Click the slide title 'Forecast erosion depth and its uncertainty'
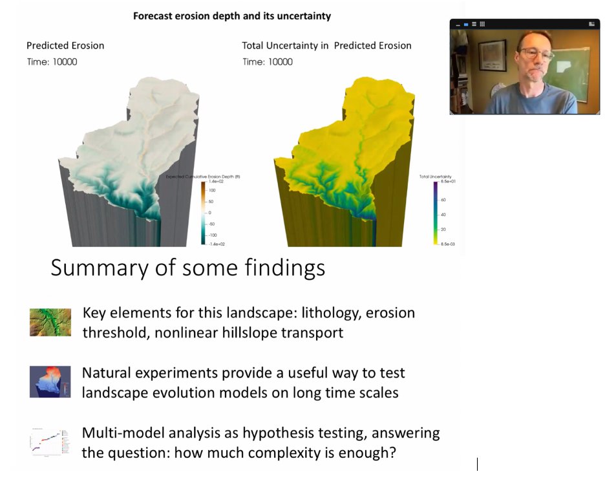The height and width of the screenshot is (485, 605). point(231,16)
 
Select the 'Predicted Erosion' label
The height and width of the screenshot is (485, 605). point(65,45)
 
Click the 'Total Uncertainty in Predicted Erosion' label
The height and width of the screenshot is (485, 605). point(326,45)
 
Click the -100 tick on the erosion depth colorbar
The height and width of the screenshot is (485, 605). point(212,234)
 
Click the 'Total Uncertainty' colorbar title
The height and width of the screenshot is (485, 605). point(435,177)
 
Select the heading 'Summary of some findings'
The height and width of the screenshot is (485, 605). point(187,268)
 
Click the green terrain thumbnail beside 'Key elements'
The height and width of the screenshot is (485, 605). point(50,322)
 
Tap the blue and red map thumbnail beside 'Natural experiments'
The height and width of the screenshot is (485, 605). point(50,382)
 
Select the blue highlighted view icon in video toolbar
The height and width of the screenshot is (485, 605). point(466,24)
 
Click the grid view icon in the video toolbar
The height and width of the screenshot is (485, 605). point(482,24)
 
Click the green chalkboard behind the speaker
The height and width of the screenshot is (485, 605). point(575,65)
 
